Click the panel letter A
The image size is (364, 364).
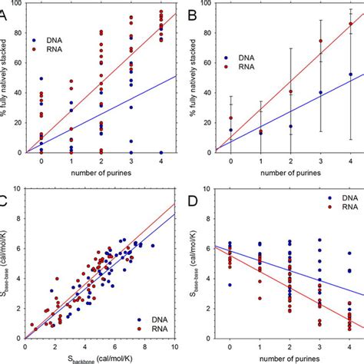pyautogui.click(x=5, y=10)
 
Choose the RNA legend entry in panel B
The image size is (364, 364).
pyautogui.click(x=243, y=68)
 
